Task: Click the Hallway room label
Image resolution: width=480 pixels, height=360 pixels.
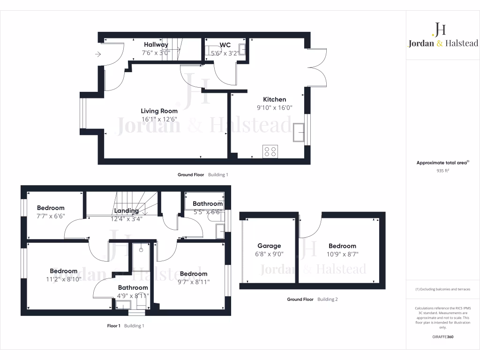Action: coord(156,45)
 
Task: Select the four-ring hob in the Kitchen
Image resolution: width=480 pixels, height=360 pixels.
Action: coord(270,151)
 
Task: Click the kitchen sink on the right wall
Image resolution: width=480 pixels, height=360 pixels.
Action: coord(299,132)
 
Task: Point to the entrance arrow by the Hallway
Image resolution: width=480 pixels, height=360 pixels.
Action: coord(97,54)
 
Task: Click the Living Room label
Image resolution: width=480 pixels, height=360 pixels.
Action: coord(159,111)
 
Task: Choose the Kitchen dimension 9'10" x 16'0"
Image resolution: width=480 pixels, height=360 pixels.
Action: coord(274,107)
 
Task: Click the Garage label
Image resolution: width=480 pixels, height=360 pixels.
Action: coord(269,246)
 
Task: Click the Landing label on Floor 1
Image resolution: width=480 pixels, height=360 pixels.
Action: coord(126,211)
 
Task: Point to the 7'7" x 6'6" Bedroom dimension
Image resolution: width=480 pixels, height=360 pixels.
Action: coord(51,216)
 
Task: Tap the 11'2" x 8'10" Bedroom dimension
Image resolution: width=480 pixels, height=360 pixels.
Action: coord(64,279)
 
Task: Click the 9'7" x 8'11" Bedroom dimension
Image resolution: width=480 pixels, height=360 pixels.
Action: coord(194,282)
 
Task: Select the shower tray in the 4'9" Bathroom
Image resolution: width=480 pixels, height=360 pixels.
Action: coord(140,257)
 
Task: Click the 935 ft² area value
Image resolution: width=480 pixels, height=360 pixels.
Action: coord(443,171)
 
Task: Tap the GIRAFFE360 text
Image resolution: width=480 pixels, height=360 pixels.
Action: coord(443,337)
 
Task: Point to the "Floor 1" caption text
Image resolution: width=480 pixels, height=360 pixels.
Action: coord(114,325)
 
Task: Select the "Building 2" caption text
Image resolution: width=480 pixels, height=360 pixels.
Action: coord(328,299)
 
